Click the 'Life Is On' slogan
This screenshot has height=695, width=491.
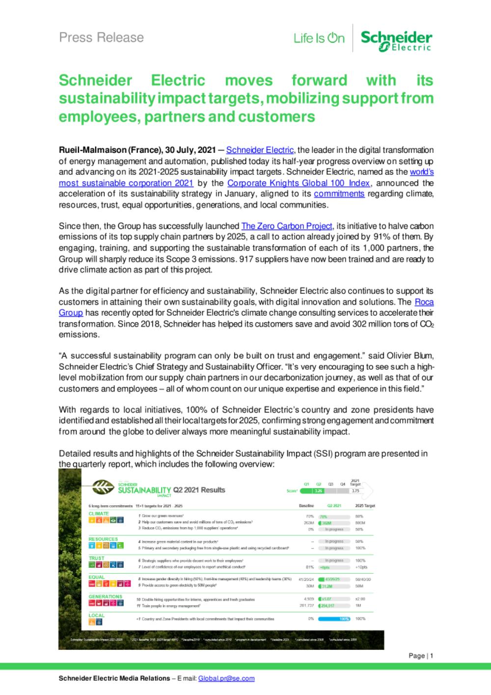click(x=319, y=38)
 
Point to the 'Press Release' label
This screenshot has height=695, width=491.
click(x=101, y=37)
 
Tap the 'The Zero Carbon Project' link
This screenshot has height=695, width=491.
click(x=287, y=226)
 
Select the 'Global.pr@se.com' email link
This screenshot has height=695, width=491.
click(x=226, y=678)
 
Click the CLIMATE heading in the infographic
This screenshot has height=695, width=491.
click(x=99, y=514)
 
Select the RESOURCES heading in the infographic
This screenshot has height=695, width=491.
click(x=103, y=539)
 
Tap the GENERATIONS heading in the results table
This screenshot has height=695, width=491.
click(x=105, y=596)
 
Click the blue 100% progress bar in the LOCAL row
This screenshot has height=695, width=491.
click(x=334, y=619)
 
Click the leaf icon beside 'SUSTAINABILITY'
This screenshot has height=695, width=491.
click(x=102, y=487)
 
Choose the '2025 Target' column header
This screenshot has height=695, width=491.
click(x=365, y=505)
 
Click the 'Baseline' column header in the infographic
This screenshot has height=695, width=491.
click(x=306, y=505)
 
